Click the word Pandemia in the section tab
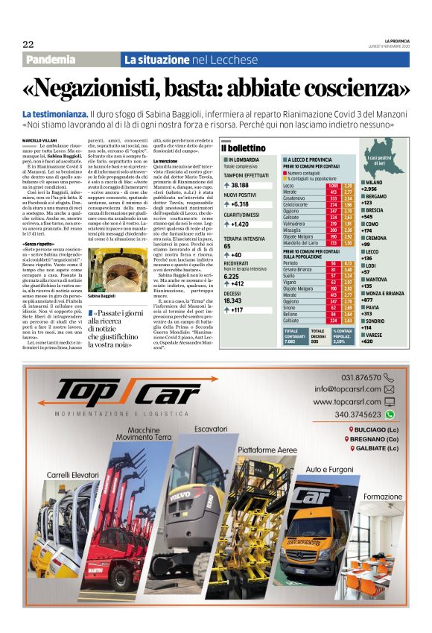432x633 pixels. pos(51,60)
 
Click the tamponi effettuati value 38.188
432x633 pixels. pos(240,185)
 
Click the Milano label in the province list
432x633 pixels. pos(373,183)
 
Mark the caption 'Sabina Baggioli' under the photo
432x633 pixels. pos(101,297)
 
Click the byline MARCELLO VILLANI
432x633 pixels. pos(42,140)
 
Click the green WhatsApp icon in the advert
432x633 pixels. pos(389,415)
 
